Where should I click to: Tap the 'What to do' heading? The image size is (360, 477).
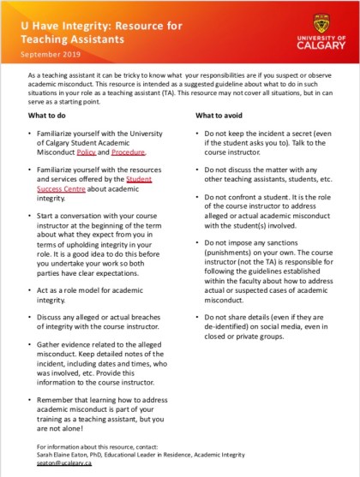click(x=48, y=115)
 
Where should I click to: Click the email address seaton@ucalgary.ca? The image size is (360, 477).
click(x=57, y=462)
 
